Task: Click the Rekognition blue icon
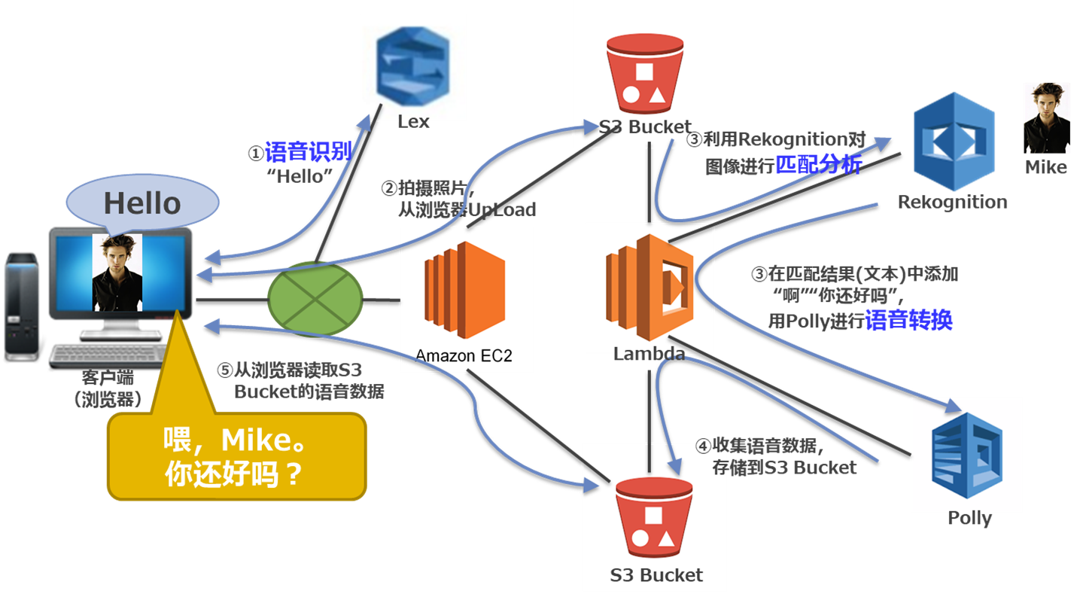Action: (954, 141)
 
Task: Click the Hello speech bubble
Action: (142, 203)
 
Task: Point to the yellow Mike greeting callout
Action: (236, 456)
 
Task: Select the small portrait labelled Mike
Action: (1046, 118)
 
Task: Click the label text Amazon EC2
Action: (464, 355)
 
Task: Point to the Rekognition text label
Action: (952, 202)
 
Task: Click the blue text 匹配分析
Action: (819, 165)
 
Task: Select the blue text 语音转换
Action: (909, 320)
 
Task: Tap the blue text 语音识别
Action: (308, 154)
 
